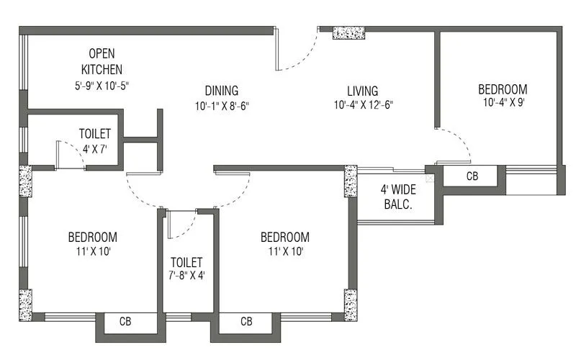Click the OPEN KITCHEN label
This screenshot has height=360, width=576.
point(102,61)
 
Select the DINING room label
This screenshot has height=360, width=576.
point(221,91)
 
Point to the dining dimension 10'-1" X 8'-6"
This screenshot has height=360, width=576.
point(221,105)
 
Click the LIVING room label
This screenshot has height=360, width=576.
point(363,91)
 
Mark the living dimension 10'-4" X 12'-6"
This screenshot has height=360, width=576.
point(363,105)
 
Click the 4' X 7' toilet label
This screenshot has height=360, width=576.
point(94,134)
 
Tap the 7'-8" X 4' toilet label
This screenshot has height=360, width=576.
point(186,262)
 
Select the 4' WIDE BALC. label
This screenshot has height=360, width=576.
point(396,197)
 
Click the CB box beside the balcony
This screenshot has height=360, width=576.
point(472,176)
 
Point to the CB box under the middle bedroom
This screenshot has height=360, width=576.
point(246,321)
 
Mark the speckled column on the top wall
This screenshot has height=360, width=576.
point(348,32)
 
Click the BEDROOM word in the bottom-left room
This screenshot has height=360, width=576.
point(92,237)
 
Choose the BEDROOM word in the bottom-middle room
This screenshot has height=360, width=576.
point(284,237)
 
